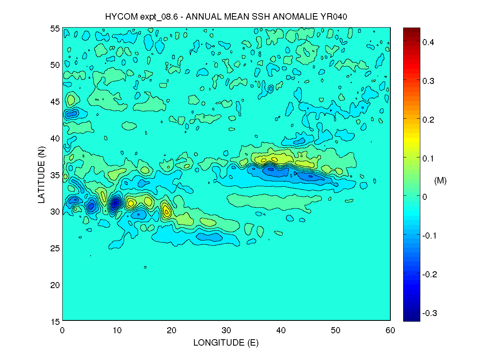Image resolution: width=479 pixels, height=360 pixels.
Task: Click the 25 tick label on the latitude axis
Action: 55,248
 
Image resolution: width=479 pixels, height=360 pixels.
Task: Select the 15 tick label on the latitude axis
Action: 55,321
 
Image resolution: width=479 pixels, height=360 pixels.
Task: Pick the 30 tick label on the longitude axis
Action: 226,330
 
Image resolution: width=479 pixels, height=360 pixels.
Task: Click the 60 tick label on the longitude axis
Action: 390,330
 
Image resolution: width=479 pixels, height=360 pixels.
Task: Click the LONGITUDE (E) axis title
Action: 226,342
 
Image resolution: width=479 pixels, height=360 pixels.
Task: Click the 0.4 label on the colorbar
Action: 429,42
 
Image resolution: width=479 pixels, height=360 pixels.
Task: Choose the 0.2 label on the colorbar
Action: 429,119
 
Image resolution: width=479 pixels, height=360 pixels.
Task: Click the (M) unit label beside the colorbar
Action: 440,181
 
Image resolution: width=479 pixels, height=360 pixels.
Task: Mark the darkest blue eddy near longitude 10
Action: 116,203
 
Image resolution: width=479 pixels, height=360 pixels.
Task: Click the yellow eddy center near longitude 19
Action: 166,211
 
